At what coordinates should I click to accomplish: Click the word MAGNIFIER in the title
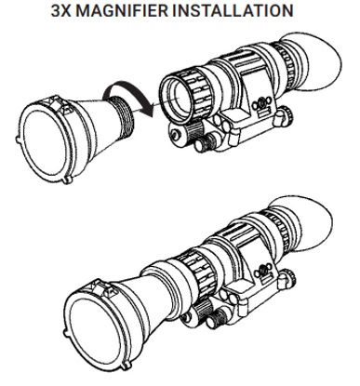[x=122, y=10]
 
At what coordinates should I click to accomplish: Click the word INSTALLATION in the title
[x=233, y=10]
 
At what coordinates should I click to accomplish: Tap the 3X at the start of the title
[x=61, y=10]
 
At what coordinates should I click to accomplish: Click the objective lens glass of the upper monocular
[x=176, y=99]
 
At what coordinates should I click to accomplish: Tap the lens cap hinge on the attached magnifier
[x=104, y=288]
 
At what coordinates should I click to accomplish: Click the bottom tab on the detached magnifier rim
[x=68, y=180]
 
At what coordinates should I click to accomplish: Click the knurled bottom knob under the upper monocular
[x=206, y=142]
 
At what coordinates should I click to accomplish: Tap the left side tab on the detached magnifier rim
[x=18, y=140]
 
